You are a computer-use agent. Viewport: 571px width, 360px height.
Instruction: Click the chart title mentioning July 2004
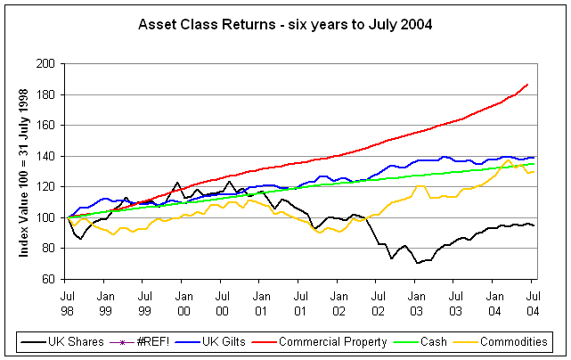pyautogui.click(x=285, y=24)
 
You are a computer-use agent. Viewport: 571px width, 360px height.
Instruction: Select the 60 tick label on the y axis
pyautogui.click(x=50, y=279)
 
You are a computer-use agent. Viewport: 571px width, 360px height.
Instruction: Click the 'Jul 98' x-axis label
pyautogui.click(x=67, y=300)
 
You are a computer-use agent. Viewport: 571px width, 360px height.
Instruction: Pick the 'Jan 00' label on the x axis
pyautogui.click(x=183, y=300)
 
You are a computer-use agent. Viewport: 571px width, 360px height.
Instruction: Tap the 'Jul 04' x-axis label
pyautogui.click(x=533, y=300)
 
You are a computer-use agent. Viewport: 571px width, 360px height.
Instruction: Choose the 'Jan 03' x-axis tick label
pyautogui.click(x=416, y=300)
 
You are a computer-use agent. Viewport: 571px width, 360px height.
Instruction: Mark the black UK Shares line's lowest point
pyautogui.click(x=417, y=264)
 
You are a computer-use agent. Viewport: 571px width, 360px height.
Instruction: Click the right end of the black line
pyautogui.click(x=533, y=225)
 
